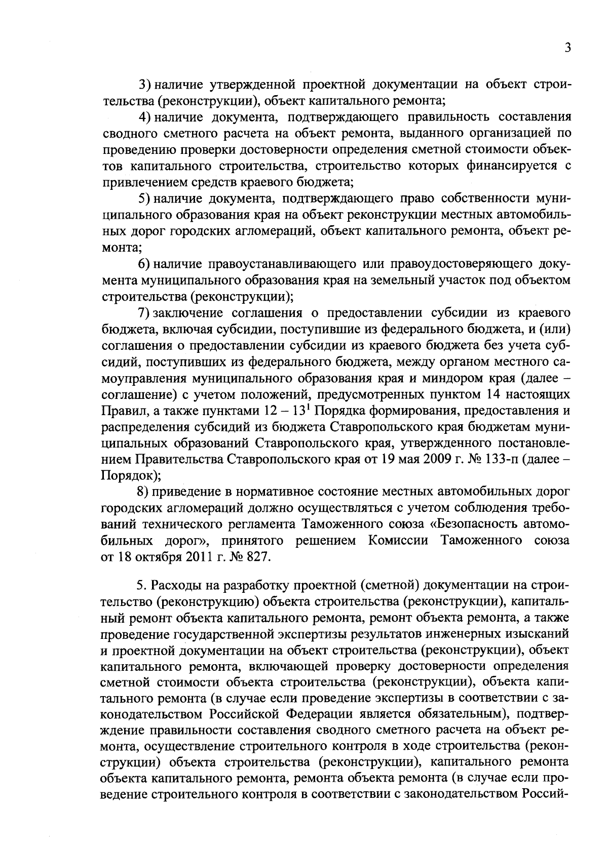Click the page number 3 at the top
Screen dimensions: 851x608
(568, 48)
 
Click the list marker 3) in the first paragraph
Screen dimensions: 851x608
(145, 84)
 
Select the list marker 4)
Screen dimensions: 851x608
(145, 117)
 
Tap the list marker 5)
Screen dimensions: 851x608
(145, 198)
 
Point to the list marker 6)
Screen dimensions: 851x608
(145, 264)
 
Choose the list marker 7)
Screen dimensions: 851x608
(145, 312)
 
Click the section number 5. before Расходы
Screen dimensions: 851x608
(141, 586)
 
